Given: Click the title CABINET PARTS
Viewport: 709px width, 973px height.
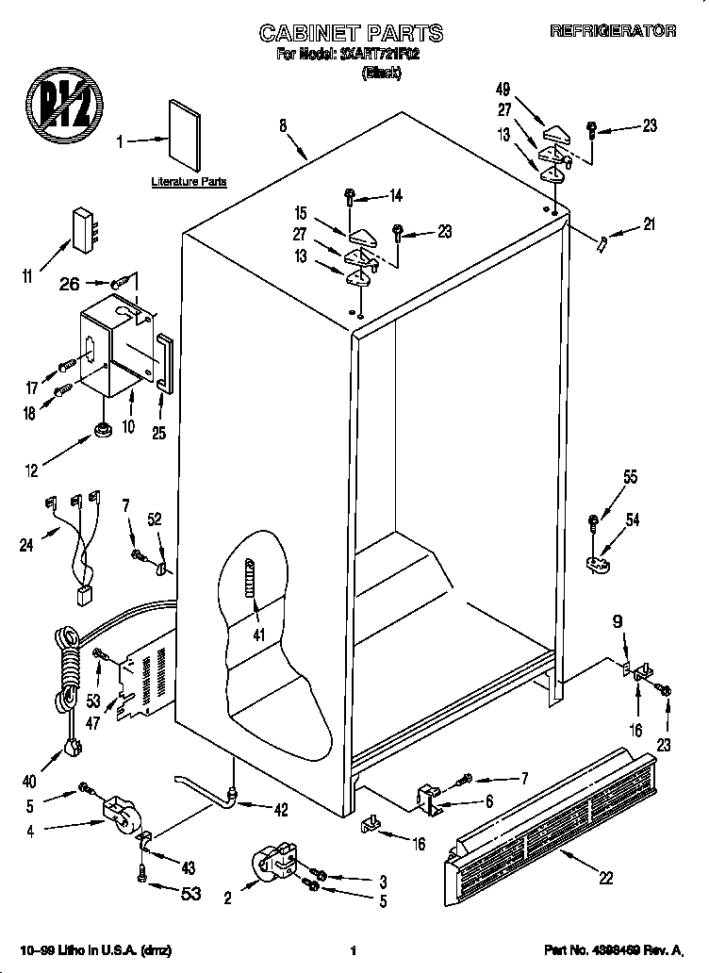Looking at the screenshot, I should pyautogui.click(x=350, y=33).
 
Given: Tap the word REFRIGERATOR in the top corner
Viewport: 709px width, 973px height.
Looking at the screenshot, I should pyautogui.click(x=613, y=31).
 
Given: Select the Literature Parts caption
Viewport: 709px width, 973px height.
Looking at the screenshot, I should pyautogui.click(x=189, y=181).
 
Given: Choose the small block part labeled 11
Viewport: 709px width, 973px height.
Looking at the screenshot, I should pyautogui.click(x=86, y=227).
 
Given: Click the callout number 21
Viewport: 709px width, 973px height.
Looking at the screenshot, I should pyautogui.click(x=648, y=224).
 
